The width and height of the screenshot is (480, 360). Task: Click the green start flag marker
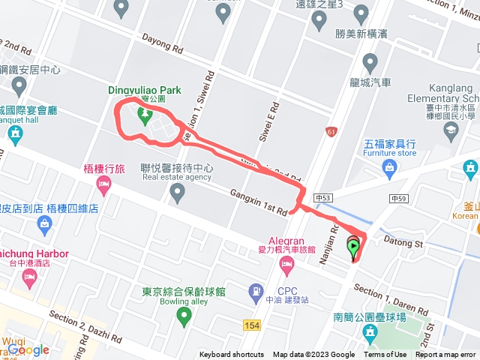click(352, 247)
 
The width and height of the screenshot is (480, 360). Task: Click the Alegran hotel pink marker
click(286, 265)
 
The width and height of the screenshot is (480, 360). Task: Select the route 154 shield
click(253, 324)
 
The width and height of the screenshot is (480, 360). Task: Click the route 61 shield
click(331, 132)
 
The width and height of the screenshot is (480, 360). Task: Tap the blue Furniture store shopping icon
click(388, 166)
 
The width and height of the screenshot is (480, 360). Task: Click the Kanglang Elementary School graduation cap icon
click(451, 132)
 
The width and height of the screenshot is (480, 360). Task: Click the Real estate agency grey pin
click(177, 194)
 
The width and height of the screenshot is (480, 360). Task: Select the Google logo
click(28, 349)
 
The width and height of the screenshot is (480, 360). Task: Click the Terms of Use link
click(385, 355)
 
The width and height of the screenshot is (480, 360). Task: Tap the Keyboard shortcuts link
click(231, 355)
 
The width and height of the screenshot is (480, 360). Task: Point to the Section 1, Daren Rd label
click(391, 300)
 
